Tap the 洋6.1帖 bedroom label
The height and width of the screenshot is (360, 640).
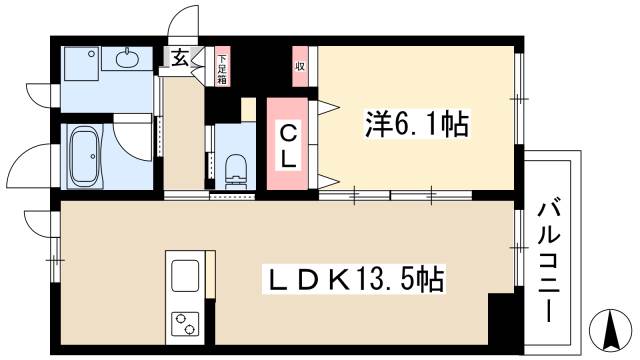coord(416,124)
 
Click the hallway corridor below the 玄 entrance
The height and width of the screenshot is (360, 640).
coord(184,135)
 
